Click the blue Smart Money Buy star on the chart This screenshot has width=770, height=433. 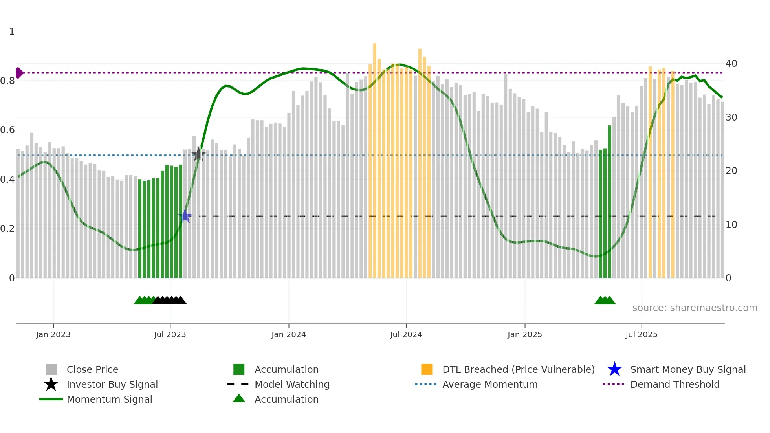tap(185, 216)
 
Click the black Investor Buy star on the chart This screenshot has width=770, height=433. tap(199, 155)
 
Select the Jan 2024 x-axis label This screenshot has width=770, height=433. tap(288, 334)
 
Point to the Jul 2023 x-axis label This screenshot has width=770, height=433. tap(170, 334)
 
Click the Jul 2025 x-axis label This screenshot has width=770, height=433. tap(641, 334)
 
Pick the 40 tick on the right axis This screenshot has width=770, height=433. tap(731, 64)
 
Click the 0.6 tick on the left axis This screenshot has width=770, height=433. tap(8, 130)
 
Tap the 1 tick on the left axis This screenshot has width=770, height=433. tap(12, 31)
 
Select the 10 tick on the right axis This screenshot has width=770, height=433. tap(731, 225)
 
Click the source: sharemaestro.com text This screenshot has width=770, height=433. tap(695, 308)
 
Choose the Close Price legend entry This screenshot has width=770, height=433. tap(92, 369)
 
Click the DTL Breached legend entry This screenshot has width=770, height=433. tap(518, 369)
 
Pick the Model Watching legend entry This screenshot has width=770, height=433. tap(292, 384)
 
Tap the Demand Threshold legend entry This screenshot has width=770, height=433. tap(675, 384)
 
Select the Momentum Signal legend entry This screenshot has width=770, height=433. tap(109, 399)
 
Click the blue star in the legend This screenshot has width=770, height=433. tap(614, 369)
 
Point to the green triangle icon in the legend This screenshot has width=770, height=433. tap(239, 399)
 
